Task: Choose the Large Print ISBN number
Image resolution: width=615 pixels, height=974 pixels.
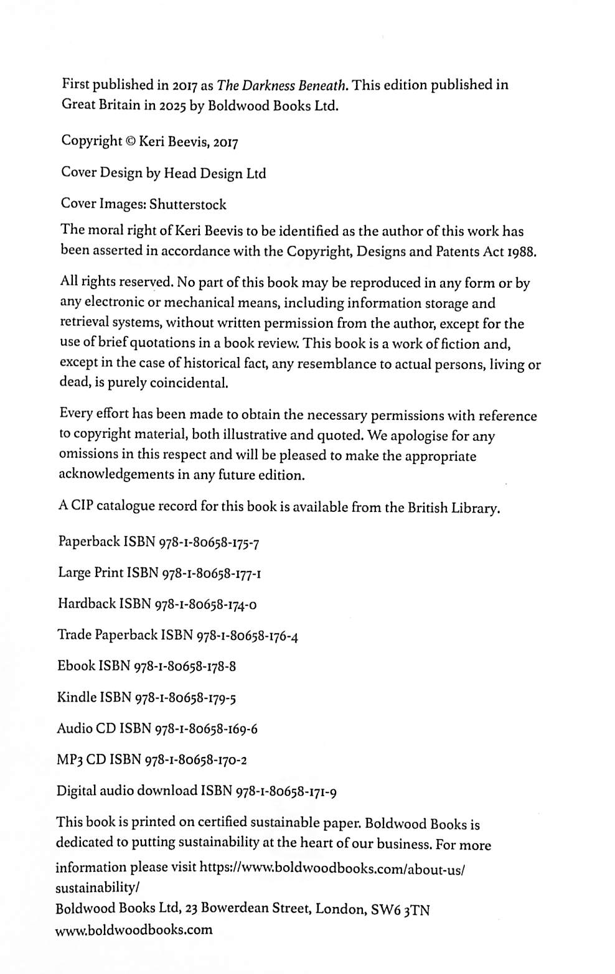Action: (x=211, y=573)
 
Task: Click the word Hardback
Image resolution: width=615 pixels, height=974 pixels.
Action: (x=87, y=603)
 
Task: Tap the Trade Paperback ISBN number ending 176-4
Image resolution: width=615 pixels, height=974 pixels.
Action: (x=247, y=636)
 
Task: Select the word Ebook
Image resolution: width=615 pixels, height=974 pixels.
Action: (x=76, y=666)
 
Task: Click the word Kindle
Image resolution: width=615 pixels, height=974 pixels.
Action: (x=77, y=697)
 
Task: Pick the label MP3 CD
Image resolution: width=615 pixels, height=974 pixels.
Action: (x=82, y=759)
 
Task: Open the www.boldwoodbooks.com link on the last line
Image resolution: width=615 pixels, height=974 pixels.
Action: (x=134, y=930)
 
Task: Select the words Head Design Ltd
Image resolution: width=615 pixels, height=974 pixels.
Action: (x=215, y=174)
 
